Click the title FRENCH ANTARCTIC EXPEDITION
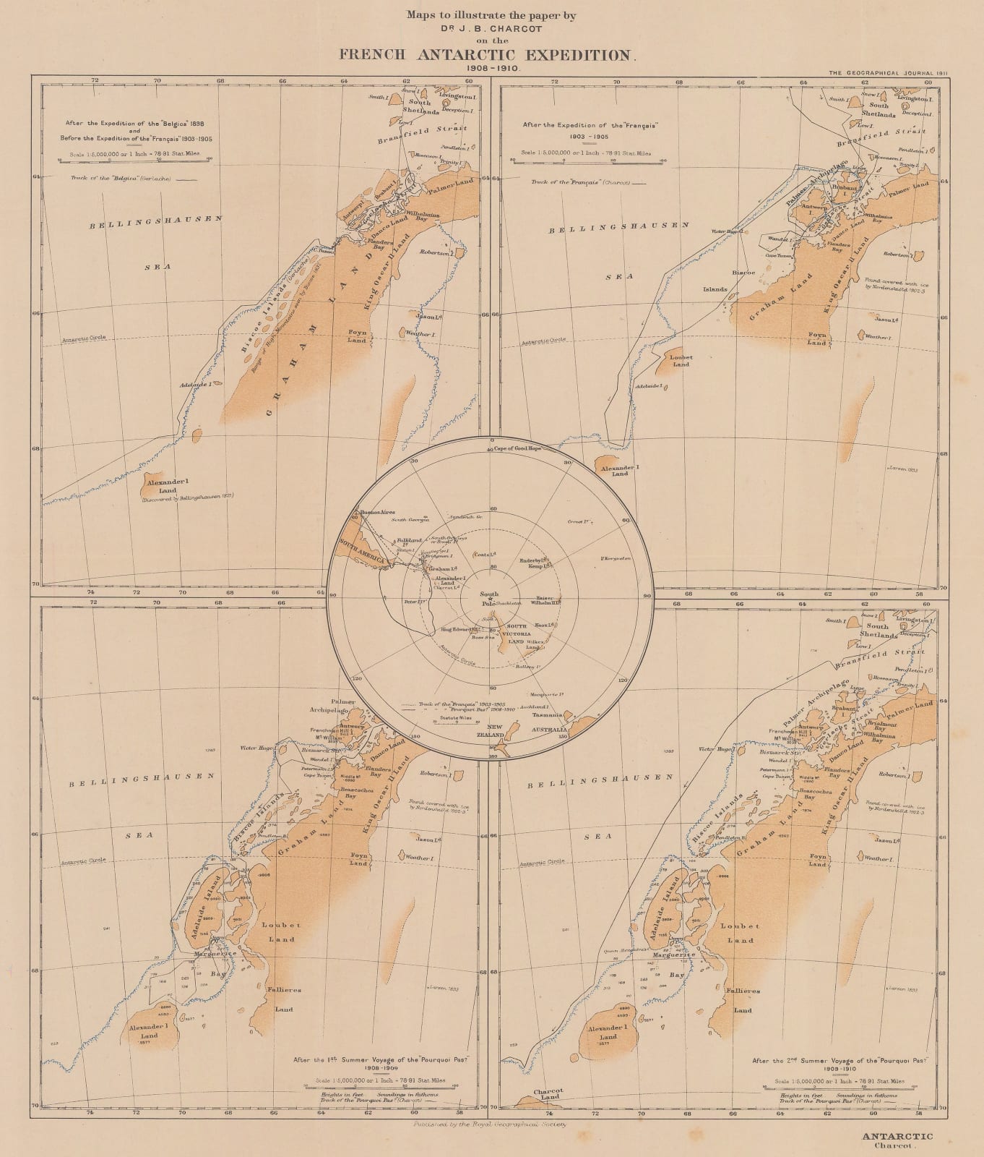[492, 55]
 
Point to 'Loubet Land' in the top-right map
[681, 360]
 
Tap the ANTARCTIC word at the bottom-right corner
[897, 1136]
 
